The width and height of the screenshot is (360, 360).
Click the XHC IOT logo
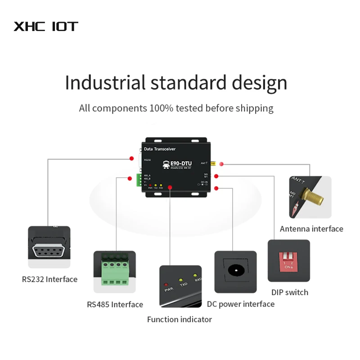46,26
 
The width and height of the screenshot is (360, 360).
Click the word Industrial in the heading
105,83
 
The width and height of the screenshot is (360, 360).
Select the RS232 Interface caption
49,279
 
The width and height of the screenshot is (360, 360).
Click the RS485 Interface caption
115,305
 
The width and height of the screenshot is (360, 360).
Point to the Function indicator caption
179,319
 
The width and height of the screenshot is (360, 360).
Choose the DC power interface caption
241,304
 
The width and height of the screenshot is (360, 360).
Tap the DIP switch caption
290,292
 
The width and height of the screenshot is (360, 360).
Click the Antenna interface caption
311,229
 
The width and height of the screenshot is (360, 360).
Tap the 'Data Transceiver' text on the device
159,149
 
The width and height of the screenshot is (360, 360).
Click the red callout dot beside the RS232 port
131,158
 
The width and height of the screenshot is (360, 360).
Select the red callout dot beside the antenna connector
220,165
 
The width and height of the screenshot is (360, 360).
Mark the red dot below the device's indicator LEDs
170,187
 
